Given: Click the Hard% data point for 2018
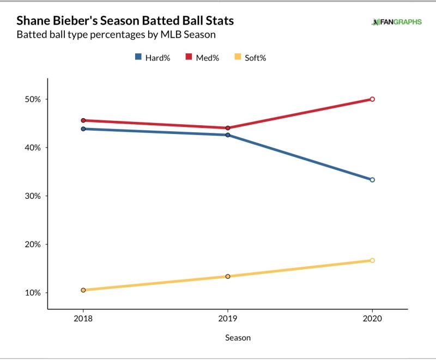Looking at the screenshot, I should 83,129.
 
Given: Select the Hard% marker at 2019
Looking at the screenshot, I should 228,135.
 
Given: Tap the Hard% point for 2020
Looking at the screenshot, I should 372,180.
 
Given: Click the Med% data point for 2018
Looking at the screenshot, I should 83,120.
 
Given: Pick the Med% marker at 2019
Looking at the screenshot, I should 228,128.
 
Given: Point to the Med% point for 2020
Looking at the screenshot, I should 372,99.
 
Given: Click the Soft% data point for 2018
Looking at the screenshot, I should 83,290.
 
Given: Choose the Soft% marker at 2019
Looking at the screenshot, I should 228,276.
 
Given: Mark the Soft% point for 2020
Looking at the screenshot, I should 372,260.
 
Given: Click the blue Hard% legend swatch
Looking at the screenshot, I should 138,58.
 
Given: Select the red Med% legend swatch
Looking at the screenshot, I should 188,58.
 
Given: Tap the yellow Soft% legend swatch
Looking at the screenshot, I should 237,58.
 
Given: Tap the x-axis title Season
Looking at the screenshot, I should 238,338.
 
